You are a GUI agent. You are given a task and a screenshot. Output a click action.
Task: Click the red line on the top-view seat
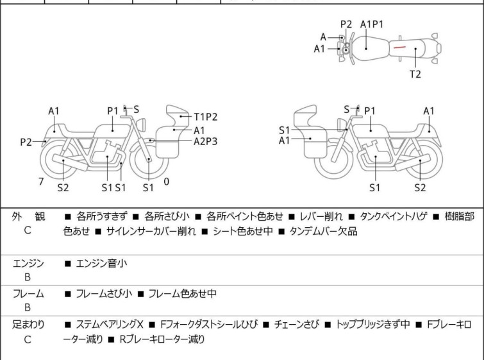tap(399, 47)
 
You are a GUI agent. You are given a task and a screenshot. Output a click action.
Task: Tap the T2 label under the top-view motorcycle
tap(415, 74)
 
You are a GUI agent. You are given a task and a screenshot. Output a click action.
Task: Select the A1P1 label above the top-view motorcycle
tap(372, 24)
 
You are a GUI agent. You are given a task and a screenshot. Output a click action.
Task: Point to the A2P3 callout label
tap(206, 141)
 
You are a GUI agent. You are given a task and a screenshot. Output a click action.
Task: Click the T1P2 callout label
tap(206, 117)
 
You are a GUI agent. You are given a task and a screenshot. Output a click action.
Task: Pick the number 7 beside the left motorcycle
tap(41, 182)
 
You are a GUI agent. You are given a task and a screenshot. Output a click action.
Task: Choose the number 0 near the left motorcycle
tap(167, 182)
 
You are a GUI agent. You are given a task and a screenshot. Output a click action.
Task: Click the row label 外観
tap(27, 217)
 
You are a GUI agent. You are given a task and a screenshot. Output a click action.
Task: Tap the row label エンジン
tap(28, 263)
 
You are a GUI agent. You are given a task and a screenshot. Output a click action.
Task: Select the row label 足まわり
tap(28, 325)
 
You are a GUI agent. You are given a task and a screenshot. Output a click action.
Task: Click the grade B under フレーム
tap(28, 307)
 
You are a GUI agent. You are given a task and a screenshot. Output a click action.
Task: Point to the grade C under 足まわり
tap(28, 339)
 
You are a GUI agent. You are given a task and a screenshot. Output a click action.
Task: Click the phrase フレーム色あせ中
tap(182, 294)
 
